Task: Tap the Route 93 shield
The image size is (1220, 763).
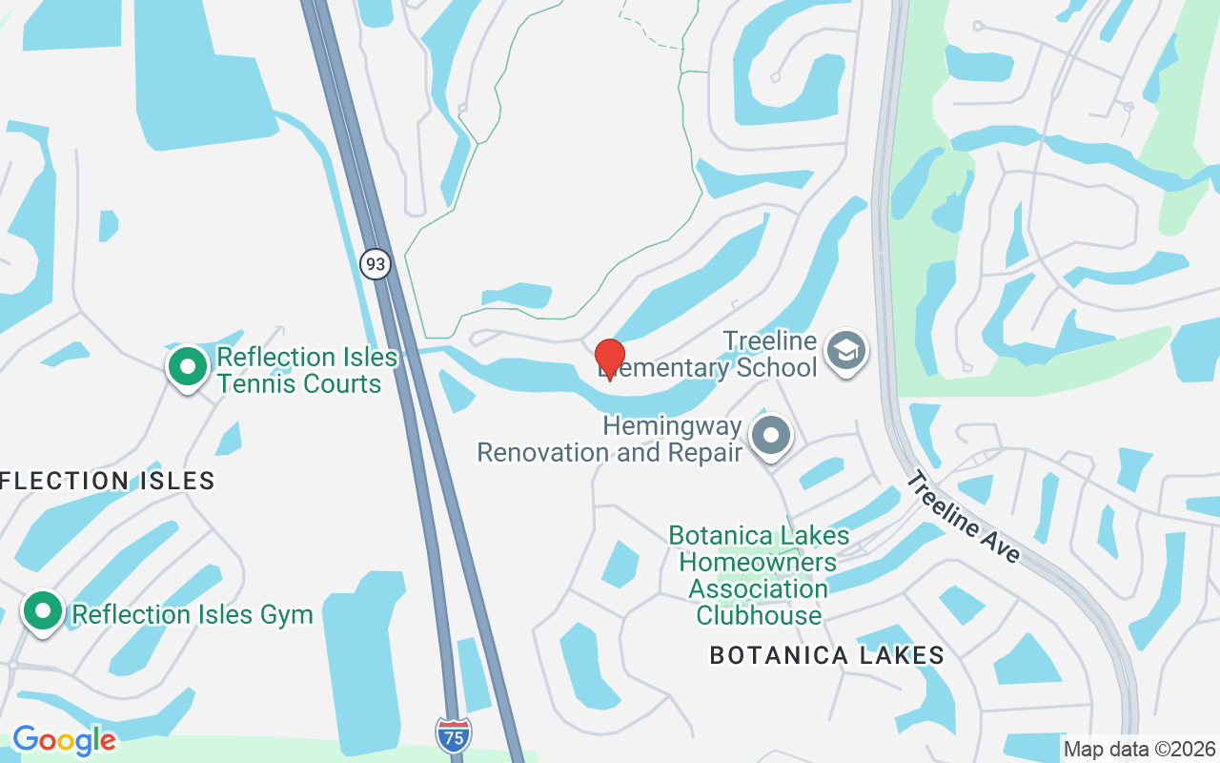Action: coord(376,263)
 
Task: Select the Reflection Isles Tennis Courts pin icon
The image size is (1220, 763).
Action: coord(188,366)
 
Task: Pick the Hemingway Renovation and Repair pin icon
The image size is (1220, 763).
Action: coord(771,436)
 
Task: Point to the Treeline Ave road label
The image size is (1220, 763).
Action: coord(963,517)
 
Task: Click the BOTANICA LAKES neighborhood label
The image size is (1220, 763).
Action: coord(826,655)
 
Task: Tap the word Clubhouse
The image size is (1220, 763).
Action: coord(759,615)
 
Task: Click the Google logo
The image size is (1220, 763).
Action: coord(64,739)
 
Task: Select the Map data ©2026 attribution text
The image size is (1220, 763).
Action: coord(1140,749)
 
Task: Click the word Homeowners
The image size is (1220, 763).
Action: coord(758,562)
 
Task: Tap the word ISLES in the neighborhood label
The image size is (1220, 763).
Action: coord(174,480)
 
